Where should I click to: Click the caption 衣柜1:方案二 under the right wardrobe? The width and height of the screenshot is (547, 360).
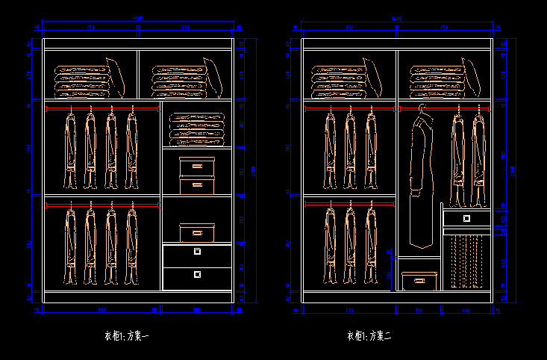[369, 336]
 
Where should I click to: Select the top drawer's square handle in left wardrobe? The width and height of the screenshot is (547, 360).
[197, 252]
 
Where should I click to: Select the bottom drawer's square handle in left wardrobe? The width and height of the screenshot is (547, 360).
[197, 274]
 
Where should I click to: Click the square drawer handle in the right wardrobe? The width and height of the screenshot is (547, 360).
[466, 218]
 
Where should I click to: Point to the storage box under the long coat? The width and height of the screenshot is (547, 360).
[419, 281]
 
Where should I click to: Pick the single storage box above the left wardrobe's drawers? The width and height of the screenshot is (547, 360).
[197, 232]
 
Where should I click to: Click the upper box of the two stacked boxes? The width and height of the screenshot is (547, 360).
[197, 166]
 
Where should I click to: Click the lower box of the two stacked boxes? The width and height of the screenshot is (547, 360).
[197, 184]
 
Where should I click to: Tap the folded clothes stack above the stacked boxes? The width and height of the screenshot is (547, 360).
[197, 128]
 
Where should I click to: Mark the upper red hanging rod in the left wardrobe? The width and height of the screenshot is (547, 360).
[102, 109]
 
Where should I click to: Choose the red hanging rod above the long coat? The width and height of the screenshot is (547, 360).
[443, 109]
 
